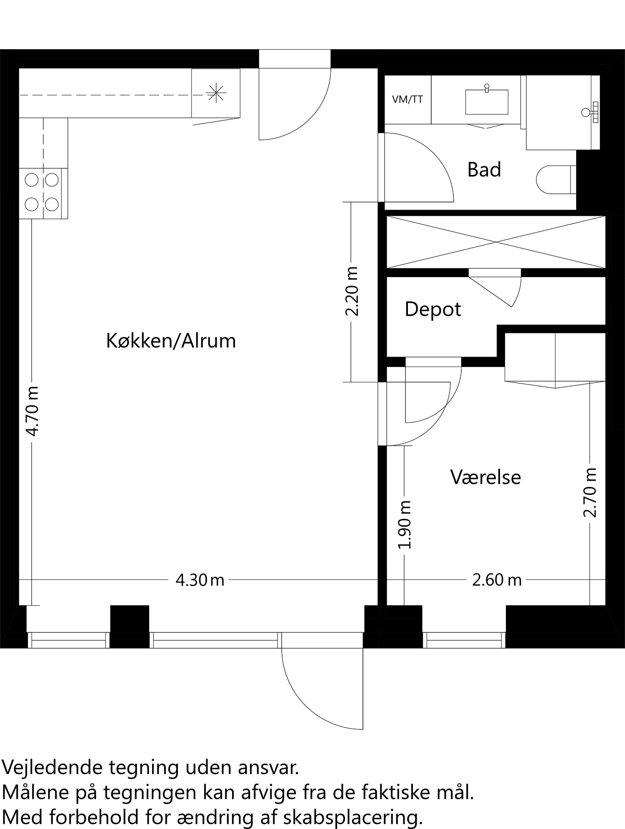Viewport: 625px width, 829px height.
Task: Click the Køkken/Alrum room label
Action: point(171,341)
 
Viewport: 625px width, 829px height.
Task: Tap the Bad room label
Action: point(484,170)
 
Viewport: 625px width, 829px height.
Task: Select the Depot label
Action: point(432,310)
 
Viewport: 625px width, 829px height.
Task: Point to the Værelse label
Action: point(485,477)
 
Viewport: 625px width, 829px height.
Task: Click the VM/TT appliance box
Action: point(407,100)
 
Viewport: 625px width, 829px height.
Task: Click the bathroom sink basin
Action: point(487,102)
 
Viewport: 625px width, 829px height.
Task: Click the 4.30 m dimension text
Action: point(200,580)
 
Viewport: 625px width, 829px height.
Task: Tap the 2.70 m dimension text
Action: point(590,493)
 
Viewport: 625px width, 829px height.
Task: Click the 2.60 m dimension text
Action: point(497,580)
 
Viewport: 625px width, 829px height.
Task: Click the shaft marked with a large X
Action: point(496,242)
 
